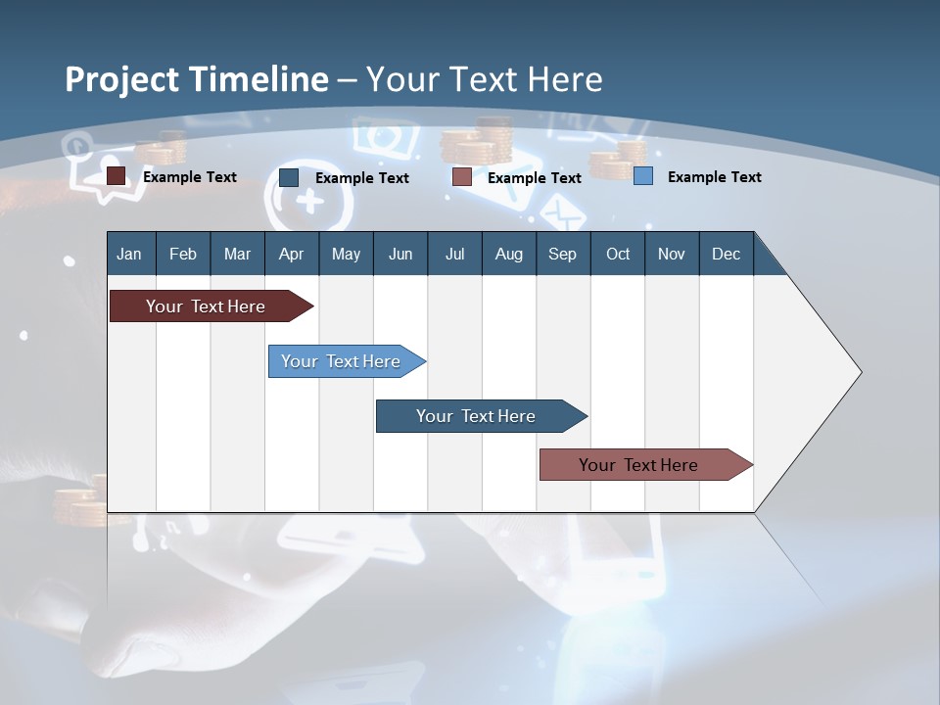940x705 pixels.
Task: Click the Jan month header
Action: point(129,254)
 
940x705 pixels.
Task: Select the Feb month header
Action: point(183,254)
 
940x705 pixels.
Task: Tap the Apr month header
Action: point(291,254)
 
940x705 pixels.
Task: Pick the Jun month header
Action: point(400,254)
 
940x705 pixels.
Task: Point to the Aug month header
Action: point(508,254)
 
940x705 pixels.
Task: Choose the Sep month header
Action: point(562,254)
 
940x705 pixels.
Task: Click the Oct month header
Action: point(618,254)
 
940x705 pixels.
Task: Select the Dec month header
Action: point(726,254)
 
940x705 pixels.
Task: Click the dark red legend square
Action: point(117,176)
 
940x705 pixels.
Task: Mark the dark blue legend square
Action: point(289,177)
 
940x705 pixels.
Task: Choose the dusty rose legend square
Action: point(462,177)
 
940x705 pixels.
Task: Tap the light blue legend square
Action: point(643,176)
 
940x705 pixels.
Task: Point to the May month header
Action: point(346,254)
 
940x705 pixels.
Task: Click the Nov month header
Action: point(672,254)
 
